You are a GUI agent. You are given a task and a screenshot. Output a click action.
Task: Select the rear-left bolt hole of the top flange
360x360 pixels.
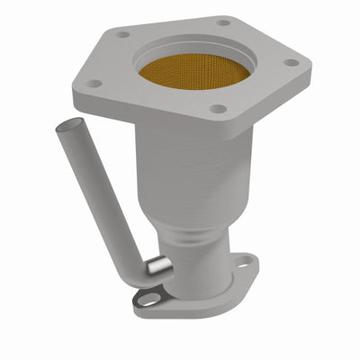click(x=123, y=34)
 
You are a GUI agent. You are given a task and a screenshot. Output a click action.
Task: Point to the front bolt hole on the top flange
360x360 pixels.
click(x=217, y=109)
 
